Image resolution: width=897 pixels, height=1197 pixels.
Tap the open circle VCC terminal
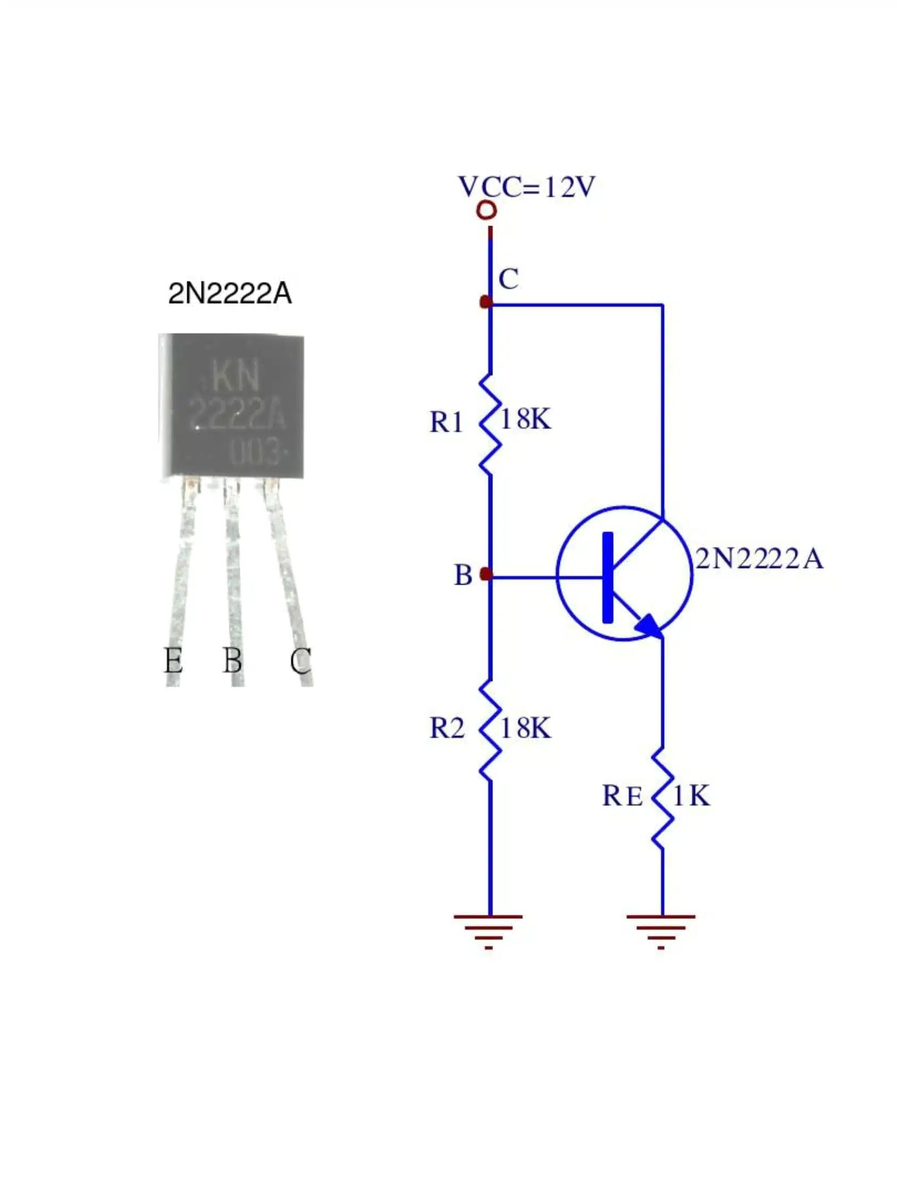487,211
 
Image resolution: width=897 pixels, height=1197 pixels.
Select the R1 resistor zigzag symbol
490,423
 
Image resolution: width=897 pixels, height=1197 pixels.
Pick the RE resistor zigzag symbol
662,799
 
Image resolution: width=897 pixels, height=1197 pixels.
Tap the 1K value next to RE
691,795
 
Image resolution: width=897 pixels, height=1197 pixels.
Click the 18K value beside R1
525,419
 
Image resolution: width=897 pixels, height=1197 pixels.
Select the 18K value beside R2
525,728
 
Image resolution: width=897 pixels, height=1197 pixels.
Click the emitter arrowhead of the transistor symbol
649,626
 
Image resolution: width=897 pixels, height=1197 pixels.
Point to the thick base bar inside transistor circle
608,577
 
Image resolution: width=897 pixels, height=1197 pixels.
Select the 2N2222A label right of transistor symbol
759,559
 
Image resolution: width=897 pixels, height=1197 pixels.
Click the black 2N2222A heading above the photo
230,294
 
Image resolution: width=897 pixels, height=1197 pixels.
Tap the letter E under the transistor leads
173,660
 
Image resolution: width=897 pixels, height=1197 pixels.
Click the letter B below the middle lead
232,660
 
